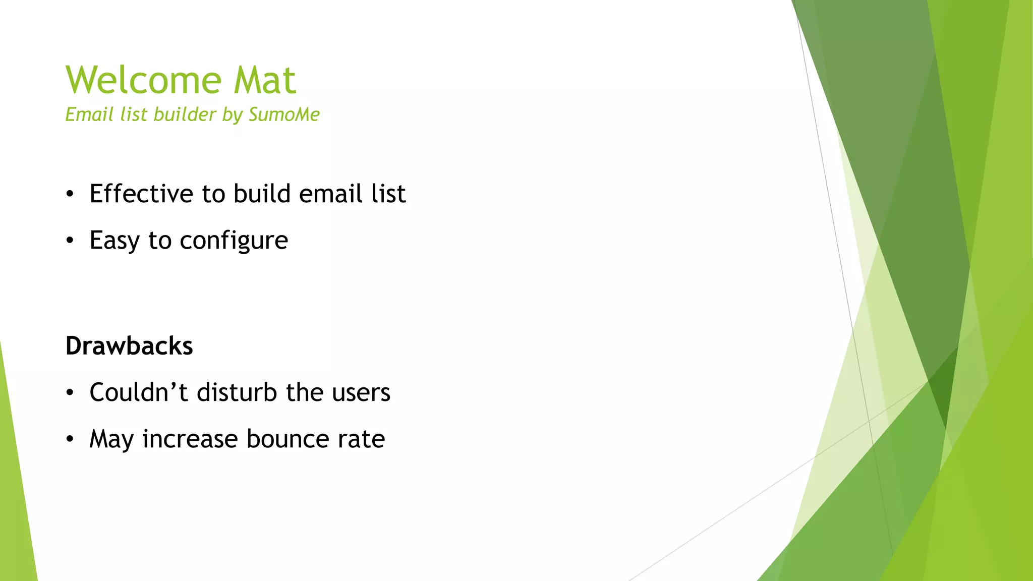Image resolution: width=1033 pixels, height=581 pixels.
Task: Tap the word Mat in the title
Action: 265,80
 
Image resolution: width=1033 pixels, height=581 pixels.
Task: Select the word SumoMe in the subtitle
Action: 284,114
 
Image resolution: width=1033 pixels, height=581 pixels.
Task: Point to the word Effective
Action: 141,194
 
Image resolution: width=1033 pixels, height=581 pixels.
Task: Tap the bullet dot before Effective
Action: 70,194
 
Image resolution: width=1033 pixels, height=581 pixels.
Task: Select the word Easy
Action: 114,241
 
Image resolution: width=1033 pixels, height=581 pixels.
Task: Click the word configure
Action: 234,241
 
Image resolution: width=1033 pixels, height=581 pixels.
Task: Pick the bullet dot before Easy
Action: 70,241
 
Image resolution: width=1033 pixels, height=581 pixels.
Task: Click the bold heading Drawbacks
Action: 129,346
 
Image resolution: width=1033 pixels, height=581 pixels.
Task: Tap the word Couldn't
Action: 139,392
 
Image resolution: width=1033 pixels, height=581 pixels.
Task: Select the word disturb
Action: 237,392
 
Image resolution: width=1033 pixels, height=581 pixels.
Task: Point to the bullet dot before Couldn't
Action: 70,392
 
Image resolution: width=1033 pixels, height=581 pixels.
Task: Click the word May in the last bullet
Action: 111,439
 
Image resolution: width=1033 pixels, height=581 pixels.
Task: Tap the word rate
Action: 361,439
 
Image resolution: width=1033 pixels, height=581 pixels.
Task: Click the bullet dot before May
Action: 70,439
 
